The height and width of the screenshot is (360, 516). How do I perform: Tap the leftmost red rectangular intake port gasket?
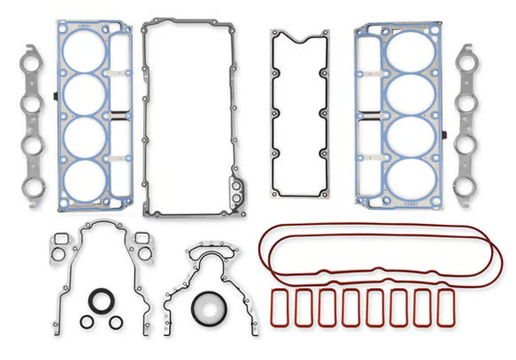281,306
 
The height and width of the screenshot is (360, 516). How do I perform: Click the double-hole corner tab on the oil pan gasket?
238,189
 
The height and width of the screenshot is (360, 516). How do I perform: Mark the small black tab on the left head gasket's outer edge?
56,93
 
